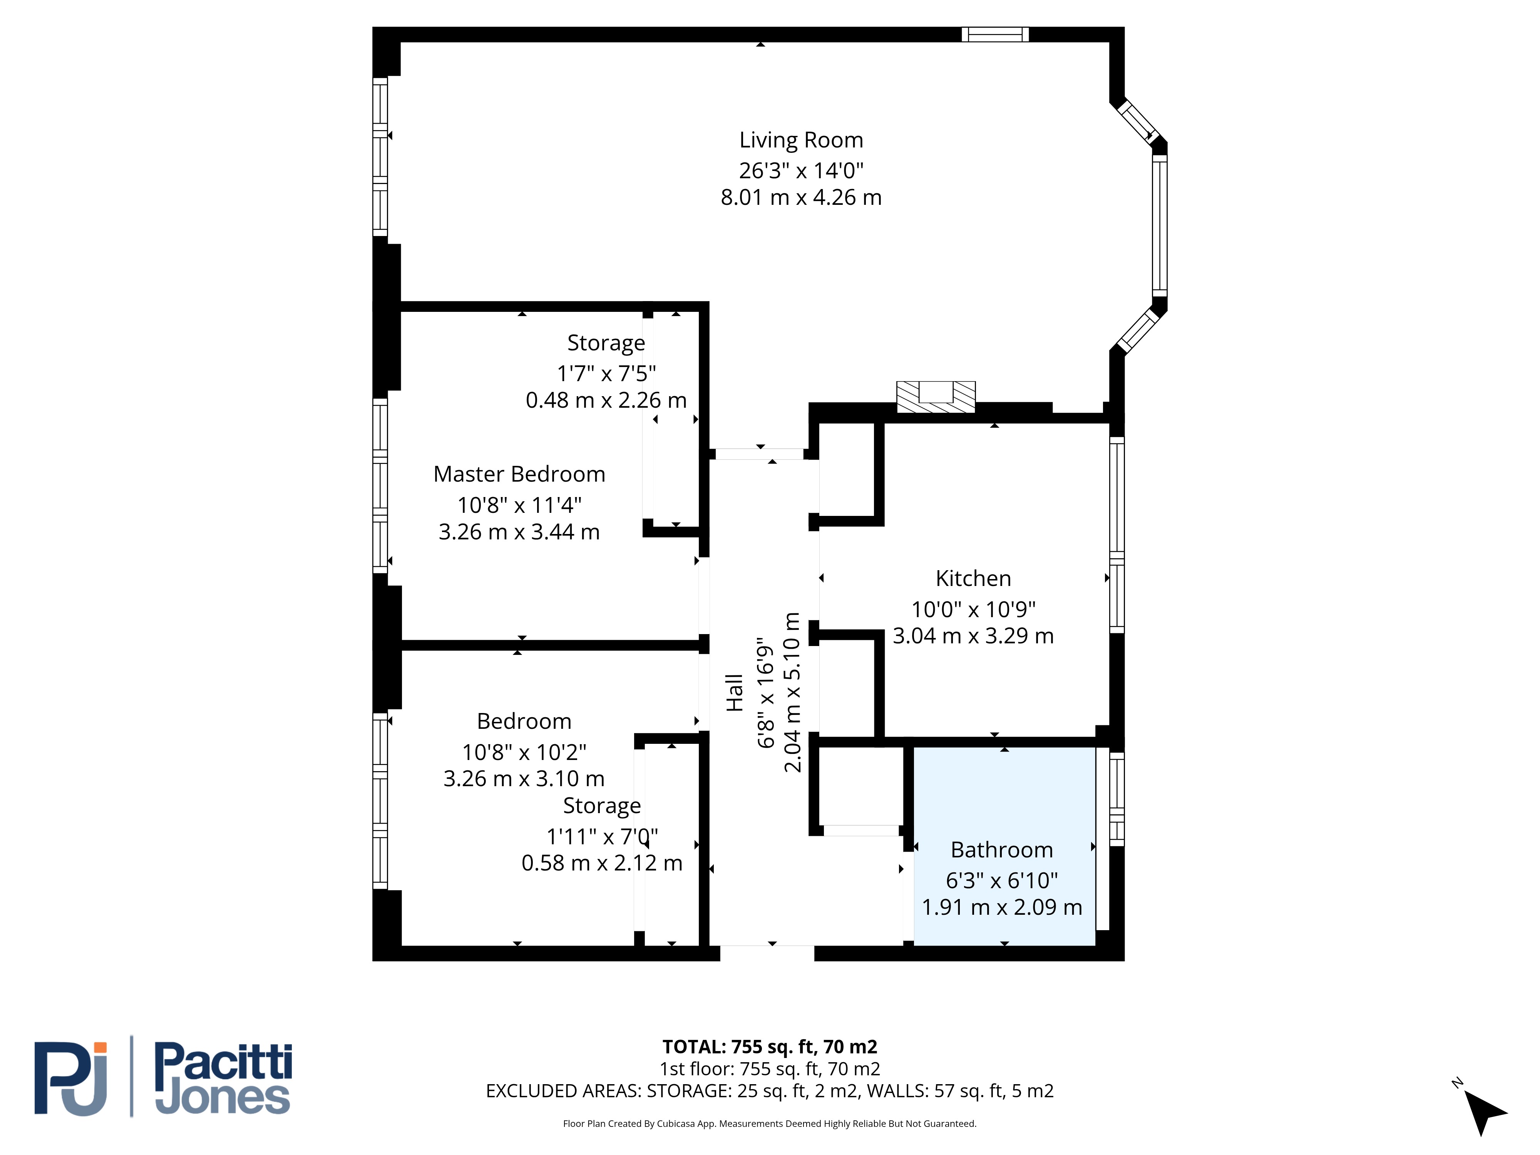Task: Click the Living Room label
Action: tap(801, 140)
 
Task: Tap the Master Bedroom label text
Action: tap(519, 474)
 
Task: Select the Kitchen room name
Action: tap(973, 579)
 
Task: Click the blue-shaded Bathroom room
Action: tap(1004, 846)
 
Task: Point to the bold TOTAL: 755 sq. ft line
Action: tap(770, 1046)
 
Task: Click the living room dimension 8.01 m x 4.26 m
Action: tap(801, 198)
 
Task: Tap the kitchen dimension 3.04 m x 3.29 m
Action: tap(973, 636)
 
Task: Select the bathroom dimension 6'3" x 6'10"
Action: tap(1002, 881)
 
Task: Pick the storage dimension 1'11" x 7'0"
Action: tap(602, 836)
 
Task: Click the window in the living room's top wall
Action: tap(996, 34)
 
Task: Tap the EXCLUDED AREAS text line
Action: tap(770, 1091)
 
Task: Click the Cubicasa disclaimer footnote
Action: tap(770, 1124)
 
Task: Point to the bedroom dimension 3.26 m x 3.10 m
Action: tap(524, 778)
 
